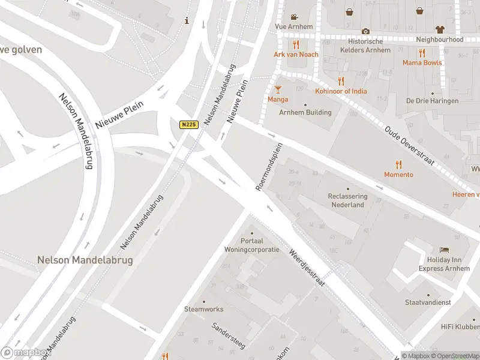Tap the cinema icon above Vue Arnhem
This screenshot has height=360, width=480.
click(294, 17)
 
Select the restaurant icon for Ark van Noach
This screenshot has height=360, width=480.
click(295, 45)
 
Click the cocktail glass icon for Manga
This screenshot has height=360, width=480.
click(278, 89)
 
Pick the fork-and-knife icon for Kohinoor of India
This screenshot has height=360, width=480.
click(341, 81)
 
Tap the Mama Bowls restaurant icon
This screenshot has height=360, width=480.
click(422, 53)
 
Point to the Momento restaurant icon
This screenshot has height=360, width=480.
click(398, 164)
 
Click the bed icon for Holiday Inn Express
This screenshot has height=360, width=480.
click(444, 250)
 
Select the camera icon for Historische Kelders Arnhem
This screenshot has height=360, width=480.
click(365, 31)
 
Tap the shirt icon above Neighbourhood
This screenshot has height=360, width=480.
click(440, 29)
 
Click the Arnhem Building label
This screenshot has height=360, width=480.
click(305, 112)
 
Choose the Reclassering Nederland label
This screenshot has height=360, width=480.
click(348, 200)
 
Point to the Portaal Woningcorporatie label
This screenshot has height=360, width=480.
click(251, 245)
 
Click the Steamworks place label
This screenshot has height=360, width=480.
click(203, 309)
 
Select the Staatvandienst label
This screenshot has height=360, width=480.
click(428, 302)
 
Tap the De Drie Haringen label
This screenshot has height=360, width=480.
click(432, 101)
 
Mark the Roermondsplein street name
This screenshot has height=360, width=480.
click(269, 167)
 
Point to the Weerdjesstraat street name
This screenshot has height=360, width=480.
click(307, 267)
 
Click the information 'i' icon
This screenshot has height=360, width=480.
click(187, 20)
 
